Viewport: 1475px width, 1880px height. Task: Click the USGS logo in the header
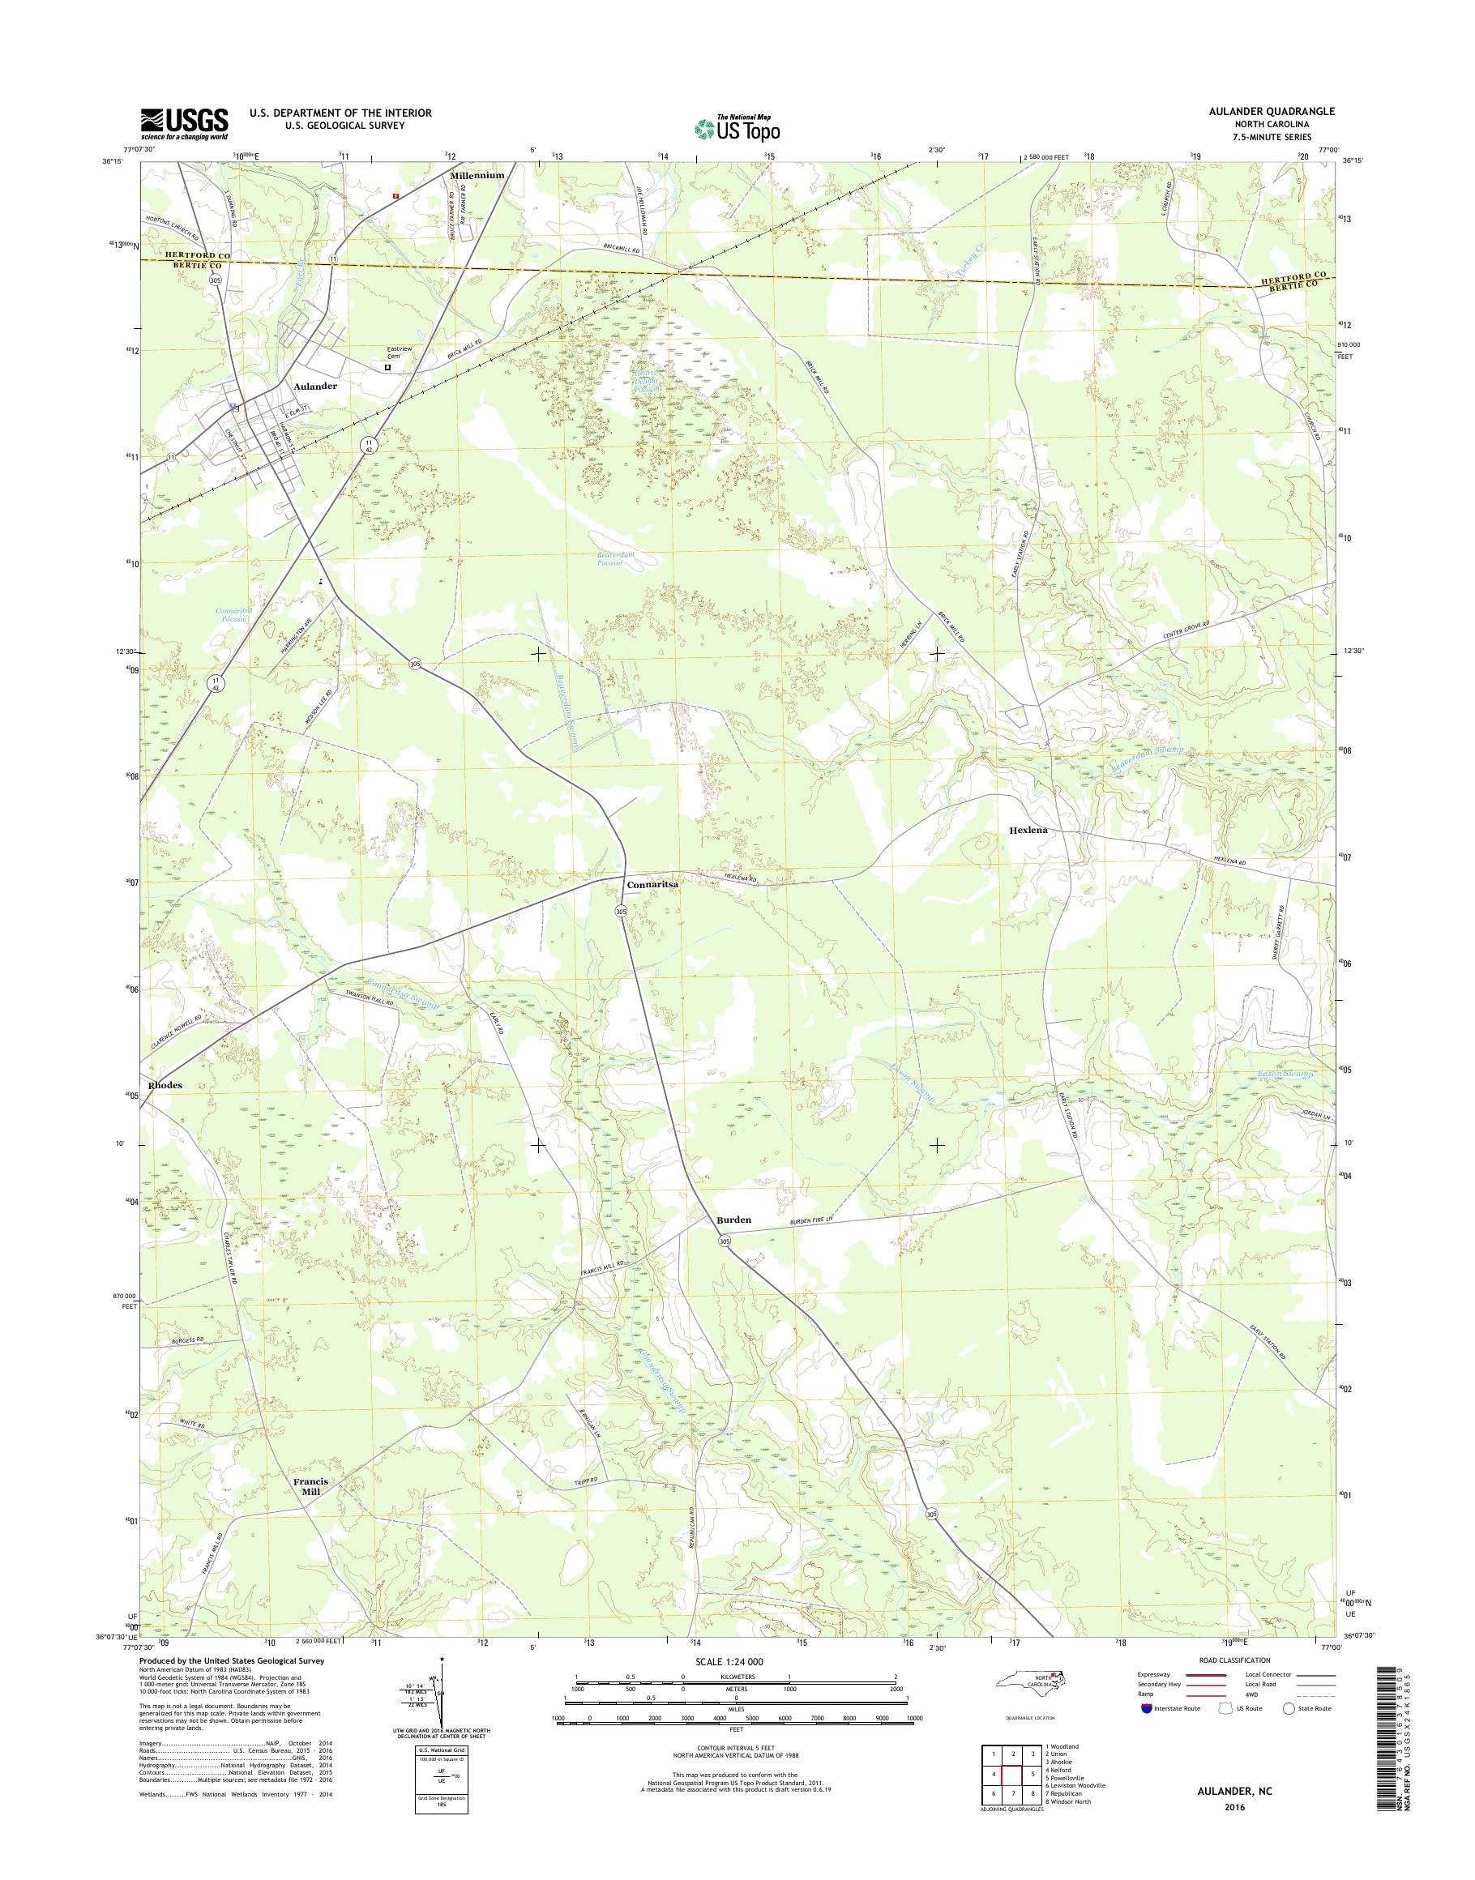(x=184, y=123)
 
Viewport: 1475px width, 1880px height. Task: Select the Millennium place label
(x=477, y=174)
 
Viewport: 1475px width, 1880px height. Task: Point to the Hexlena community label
(x=1028, y=830)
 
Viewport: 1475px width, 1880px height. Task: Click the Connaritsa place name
(x=652, y=885)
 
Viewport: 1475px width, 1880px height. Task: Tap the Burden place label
(x=733, y=1220)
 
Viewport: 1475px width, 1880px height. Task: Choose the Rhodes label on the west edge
(x=165, y=1085)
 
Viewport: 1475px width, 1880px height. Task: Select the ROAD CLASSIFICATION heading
(x=1234, y=1660)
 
